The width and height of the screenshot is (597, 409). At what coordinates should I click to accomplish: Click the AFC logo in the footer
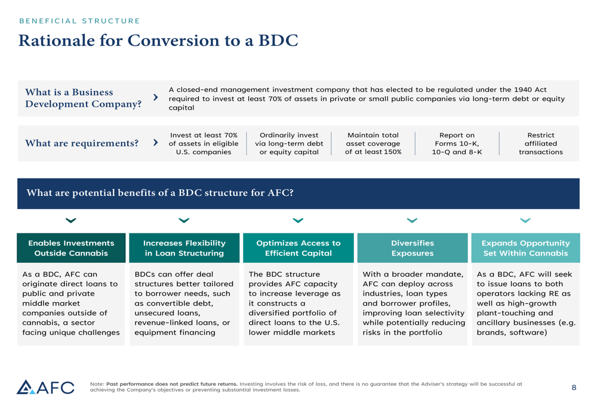(x=45, y=388)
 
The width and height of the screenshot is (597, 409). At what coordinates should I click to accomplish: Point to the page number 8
(x=574, y=388)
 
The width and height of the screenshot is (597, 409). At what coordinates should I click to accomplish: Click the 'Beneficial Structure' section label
(x=79, y=21)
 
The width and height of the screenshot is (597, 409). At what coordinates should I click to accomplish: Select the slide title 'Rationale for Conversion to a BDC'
(x=158, y=41)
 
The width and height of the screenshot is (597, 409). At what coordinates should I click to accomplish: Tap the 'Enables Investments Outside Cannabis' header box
(x=71, y=248)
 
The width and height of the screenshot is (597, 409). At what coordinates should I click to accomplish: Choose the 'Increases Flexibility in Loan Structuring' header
(x=184, y=248)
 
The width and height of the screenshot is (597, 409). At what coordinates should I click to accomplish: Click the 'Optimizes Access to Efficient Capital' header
(x=298, y=248)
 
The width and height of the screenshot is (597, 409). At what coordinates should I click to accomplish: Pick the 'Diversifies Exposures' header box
(x=412, y=248)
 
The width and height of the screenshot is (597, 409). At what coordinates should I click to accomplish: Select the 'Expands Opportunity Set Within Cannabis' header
(x=525, y=248)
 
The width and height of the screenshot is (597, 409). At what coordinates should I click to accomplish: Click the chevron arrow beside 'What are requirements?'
(x=156, y=143)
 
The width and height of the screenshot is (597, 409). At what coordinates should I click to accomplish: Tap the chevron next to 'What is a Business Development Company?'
(x=156, y=97)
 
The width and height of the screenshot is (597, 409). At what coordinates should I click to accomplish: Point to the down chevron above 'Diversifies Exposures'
(x=412, y=221)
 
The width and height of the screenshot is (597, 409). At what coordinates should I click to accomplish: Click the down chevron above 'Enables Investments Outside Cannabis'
(x=71, y=221)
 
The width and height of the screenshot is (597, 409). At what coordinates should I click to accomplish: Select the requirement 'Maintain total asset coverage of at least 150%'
(x=373, y=143)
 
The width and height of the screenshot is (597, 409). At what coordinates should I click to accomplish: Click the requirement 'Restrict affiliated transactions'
(x=540, y=143)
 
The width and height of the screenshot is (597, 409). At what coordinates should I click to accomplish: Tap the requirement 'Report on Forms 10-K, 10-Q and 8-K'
(x=457, y=143)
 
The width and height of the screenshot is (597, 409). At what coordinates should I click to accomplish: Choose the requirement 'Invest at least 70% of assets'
(x=204, y=143)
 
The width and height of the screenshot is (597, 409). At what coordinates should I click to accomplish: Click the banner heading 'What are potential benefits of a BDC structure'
(x=160, y=193)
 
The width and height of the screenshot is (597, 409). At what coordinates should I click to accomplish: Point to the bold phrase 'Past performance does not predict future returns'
(x=172, y=384)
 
